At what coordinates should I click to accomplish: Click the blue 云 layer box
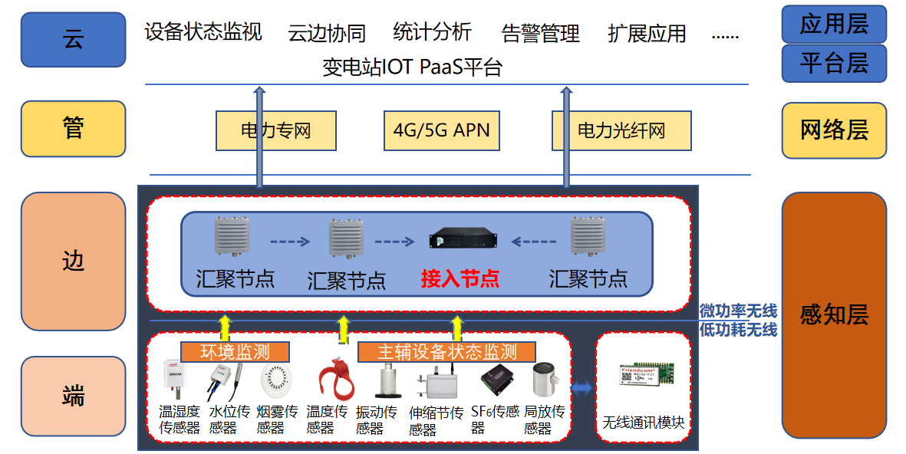(x=73, y=40)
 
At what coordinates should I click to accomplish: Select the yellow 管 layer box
(x=73, y=128)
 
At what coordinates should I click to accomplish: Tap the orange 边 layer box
(x=73, y=261)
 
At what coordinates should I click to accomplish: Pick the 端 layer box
(x=73, y=396)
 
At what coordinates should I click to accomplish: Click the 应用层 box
(x=834, y=24)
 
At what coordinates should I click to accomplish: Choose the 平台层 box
(x=834, y=63)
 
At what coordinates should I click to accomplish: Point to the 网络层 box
(x=834, y=130)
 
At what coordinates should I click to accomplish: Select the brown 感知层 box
(x=834, y=314)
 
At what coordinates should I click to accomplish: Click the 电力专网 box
(x=276, y=130)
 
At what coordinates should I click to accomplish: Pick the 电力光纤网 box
(x=621, y=130)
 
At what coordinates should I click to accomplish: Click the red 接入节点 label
(x=460, y=278)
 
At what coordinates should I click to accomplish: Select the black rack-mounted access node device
(x=460, y=239)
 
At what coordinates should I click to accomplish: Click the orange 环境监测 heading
(x=235, y=352)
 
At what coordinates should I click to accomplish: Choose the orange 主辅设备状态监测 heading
(x=446, y=352)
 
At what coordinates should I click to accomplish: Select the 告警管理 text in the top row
(x=540, y=34)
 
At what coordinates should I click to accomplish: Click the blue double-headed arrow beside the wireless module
(x=581, y=389)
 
